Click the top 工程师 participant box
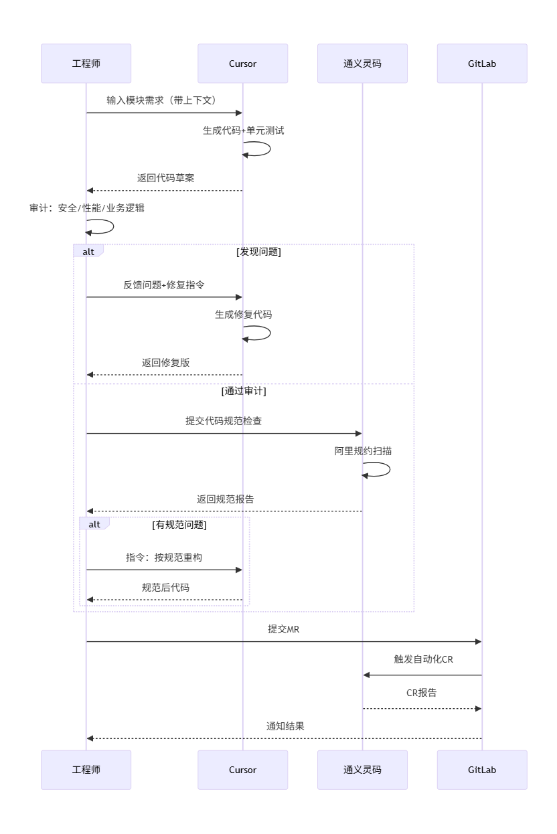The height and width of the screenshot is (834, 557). [x=86, y=64]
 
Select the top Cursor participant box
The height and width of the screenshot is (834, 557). [x=242, y=64]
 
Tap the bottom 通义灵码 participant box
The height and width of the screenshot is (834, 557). [x=362, y=770]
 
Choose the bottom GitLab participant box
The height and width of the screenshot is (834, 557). [x=482, y=770]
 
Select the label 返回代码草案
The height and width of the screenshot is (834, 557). [x=165, y=178]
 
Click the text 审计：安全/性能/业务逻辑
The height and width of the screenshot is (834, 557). [x=86, y=208]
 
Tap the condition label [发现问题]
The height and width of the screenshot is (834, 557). [x=258, y=252]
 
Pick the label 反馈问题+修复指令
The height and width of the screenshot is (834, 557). [x=164, y=285]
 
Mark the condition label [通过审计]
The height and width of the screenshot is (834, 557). [x=244, y=391]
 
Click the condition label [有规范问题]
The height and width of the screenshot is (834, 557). [x=179, y=525]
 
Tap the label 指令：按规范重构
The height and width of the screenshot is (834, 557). [x=164, y=558]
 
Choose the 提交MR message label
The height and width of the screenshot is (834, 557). [x=284, y=629]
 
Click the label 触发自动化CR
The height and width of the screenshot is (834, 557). [x=423, y=659]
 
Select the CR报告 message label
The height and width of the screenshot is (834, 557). [x=422, y=693]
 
